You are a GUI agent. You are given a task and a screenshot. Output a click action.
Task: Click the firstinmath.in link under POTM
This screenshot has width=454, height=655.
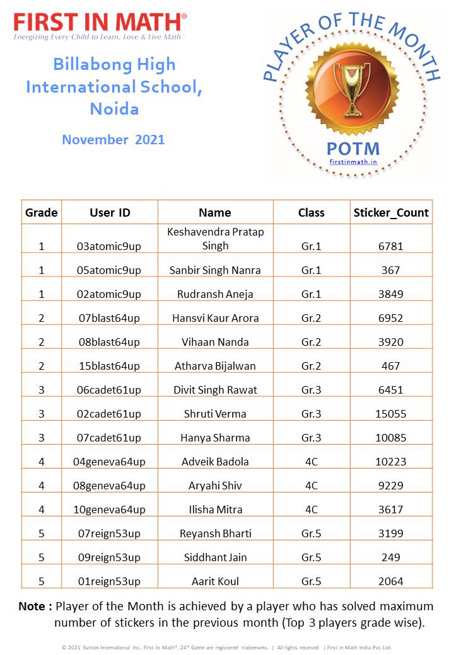pyautogui.click(x=353, y=162)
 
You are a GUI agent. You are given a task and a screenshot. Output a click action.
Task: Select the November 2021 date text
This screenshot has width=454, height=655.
pyautogui.click(x=113, y=139)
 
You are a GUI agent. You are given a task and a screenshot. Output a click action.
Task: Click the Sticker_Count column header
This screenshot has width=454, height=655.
pyautogui.click(x=391, y=212)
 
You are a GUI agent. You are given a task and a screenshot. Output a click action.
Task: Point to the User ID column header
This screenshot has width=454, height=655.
pyautogui.click(x=110, y=212)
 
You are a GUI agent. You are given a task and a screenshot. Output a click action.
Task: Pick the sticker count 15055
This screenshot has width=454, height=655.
pyautogui.click(x=391, y=414)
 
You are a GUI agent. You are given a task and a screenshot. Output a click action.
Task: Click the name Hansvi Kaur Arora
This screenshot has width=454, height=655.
pyautogui.click(x=215, y=318)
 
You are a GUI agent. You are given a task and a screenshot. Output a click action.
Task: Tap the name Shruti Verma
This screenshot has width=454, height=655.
pyautogui.click(x=215, y=414)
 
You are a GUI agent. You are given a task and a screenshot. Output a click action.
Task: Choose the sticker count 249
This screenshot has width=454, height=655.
pyautogui.click(x=391, y=557)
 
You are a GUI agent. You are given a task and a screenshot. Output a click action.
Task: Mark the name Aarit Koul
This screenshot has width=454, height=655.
pyautogui.click(x=215, y=581)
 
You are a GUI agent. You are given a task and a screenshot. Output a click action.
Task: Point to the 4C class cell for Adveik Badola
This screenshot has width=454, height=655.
pyautogui.click(x=311, y=462)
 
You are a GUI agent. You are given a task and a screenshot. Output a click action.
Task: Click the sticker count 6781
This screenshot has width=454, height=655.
pyautogui.click(x=391, y=246)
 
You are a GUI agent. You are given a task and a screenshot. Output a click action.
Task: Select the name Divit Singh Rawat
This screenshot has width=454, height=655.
pyautogui.click(x=215, y=390)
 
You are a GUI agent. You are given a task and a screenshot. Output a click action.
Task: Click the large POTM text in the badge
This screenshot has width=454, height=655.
pyautogui.click(x=353, y=149)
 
